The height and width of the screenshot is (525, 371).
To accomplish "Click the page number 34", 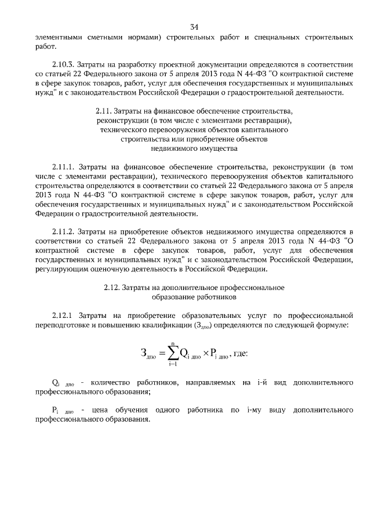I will tap(194, 26).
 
